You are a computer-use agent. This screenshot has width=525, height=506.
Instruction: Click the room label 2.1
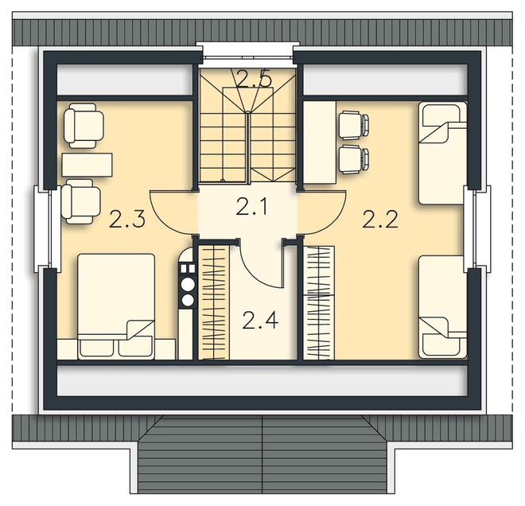click(x=251, y=206)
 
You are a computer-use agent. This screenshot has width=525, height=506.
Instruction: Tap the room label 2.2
click(x=380, y=220)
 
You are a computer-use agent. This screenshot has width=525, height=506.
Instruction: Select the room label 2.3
click(x=127, y=220)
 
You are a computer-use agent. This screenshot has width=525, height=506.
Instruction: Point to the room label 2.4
click(x=260, y=320)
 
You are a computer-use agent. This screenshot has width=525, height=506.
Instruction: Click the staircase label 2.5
click(x=254, y=79)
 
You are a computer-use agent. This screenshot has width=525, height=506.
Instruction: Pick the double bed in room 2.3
click(x=116, y=306)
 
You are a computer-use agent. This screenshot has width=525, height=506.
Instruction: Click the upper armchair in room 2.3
click(x=84, y=126)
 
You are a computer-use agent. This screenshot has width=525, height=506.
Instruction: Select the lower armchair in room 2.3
click(x=80, y=201)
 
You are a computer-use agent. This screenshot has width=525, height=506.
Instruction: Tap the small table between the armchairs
click(x=87, y=165)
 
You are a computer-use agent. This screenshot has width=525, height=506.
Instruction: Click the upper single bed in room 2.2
click(x=442, y=153)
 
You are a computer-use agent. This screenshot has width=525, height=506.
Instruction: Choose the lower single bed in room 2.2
click(x=442, y=307)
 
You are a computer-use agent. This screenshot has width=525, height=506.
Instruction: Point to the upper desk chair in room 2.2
click(x=354, y=125)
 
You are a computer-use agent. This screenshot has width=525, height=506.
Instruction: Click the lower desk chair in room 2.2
click(x=354, y=160)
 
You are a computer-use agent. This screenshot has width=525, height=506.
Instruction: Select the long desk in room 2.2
click(x=320, y=142)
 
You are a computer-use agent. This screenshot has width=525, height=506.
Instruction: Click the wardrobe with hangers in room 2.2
click(x=319, y=303)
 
